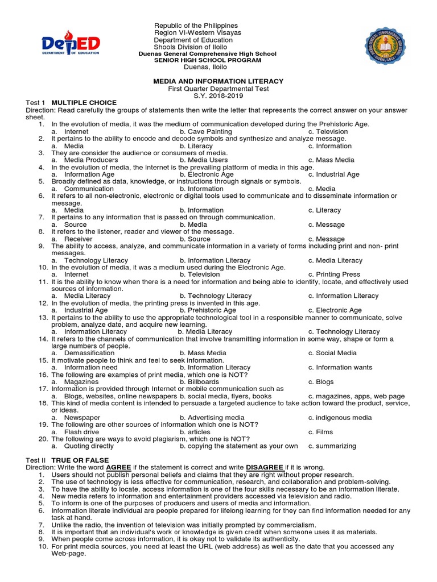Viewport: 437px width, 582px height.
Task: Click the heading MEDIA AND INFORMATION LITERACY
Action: [218, 81]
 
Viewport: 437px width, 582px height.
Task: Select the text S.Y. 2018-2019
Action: [218, 95]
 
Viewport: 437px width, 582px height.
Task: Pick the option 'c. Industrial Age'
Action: [333, 174]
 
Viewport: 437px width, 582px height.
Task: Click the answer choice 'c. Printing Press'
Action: [334, 274]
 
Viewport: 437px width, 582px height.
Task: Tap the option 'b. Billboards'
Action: [199, 382]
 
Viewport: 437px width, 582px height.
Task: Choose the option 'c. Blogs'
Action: [321, 382]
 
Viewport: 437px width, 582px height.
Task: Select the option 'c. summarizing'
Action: [332, 446]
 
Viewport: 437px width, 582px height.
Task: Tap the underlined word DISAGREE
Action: [265, 467]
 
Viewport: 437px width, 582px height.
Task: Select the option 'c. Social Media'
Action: [332, 352]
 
